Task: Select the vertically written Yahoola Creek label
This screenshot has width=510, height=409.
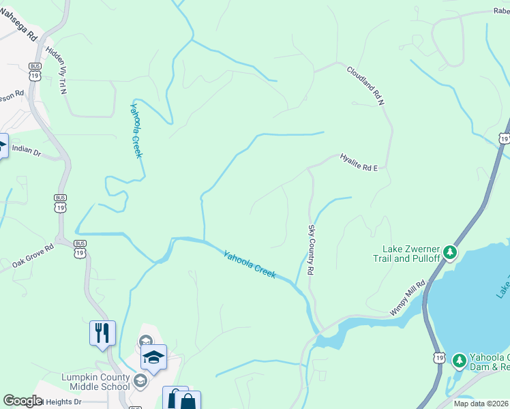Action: tap(136, 130)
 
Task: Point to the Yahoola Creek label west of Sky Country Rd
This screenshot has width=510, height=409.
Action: tap(250, 264)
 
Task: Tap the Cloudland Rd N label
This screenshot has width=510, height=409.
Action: tap(365, 85)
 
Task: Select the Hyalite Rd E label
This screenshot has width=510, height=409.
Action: tap(358, 162)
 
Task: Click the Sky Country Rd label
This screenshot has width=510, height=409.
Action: tap(311, 249)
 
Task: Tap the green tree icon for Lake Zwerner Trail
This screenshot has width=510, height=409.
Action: tap(449, 252)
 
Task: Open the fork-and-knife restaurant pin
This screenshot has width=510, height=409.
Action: tap(102, 333)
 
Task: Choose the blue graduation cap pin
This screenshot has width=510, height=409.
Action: tap(153, 357)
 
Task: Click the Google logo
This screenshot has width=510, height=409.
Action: tap(22, 401)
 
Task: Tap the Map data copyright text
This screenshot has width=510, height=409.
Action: tap(481, 404)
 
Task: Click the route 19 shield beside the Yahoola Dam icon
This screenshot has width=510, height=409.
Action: tap(438, 357)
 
